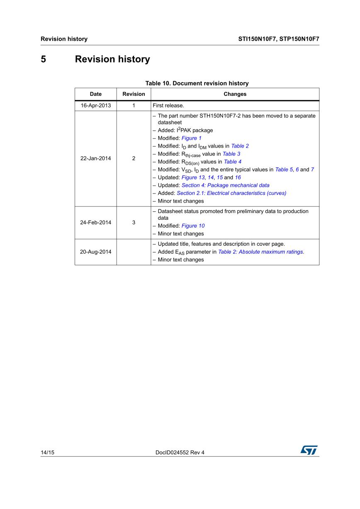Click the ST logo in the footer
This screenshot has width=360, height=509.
pyautogui.click(x=309, y=450)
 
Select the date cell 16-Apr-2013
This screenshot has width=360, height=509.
pyautogui.click(x=95, y=106)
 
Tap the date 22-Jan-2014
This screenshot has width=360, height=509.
pyautogui.click(x=95, y=158)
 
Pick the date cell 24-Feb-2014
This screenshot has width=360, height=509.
pyautogui.click(x=95, y=223)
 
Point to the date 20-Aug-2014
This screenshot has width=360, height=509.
pyautogui.click(x=95, y=252)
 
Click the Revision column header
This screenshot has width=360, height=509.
pyautogui.click(x=134, y=94)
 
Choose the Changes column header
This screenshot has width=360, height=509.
pyautogui.click(x=235, y=94)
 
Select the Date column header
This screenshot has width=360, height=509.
pyautogui.click(x=95, y=94)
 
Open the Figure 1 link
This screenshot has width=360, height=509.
pyautogui.click(x=192, y=138)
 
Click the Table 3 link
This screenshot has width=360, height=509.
pyautogui.click(x=231, y=154)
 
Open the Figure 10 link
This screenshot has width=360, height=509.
pyautogui.click(x=193, y=226)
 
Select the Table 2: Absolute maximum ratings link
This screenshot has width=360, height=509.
pyautogui.click(x=261, y=252)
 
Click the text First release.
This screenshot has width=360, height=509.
pyautogui.click(x=168, y=106)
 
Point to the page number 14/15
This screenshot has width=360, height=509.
pyautogui.click(x=47, y=453)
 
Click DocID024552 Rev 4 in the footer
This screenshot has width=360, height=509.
pyautogui.click(x=180, y=453)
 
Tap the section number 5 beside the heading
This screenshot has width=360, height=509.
pyautogui.click(x=43, y=59)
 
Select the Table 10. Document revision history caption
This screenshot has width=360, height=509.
pyautogui.click(x=197, y=83)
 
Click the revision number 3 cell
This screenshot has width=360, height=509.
pyautogui.click(x=134, y=223)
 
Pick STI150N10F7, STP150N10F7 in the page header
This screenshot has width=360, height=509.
pyautogui.click(x=278, y=39)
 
